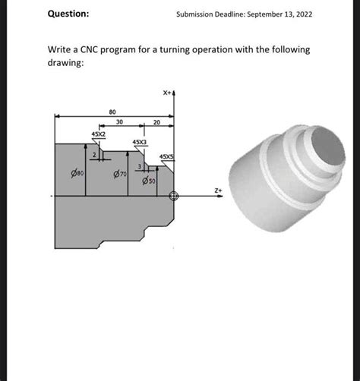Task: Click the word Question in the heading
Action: [x=68, y=14]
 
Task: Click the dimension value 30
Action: [x=120, y=122]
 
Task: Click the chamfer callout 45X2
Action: [x=99, y=134]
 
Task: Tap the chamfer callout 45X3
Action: [x=140, y=142]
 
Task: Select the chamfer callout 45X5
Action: [x=166, y=157]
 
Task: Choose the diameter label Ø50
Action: [x=149, y=181]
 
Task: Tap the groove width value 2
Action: [x=93, y=155]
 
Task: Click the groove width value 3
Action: [x=138, y=167]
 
